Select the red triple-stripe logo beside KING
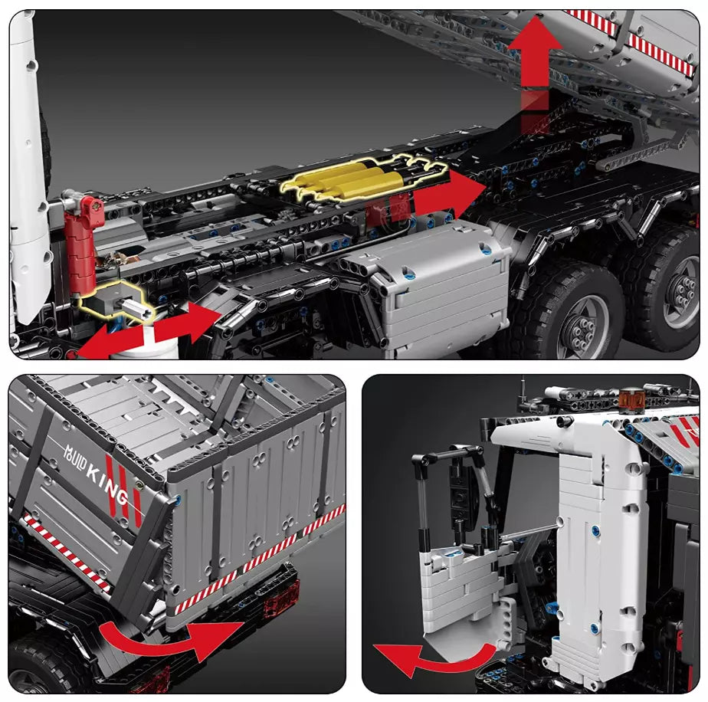pyautogui.click(x=123, y=489)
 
